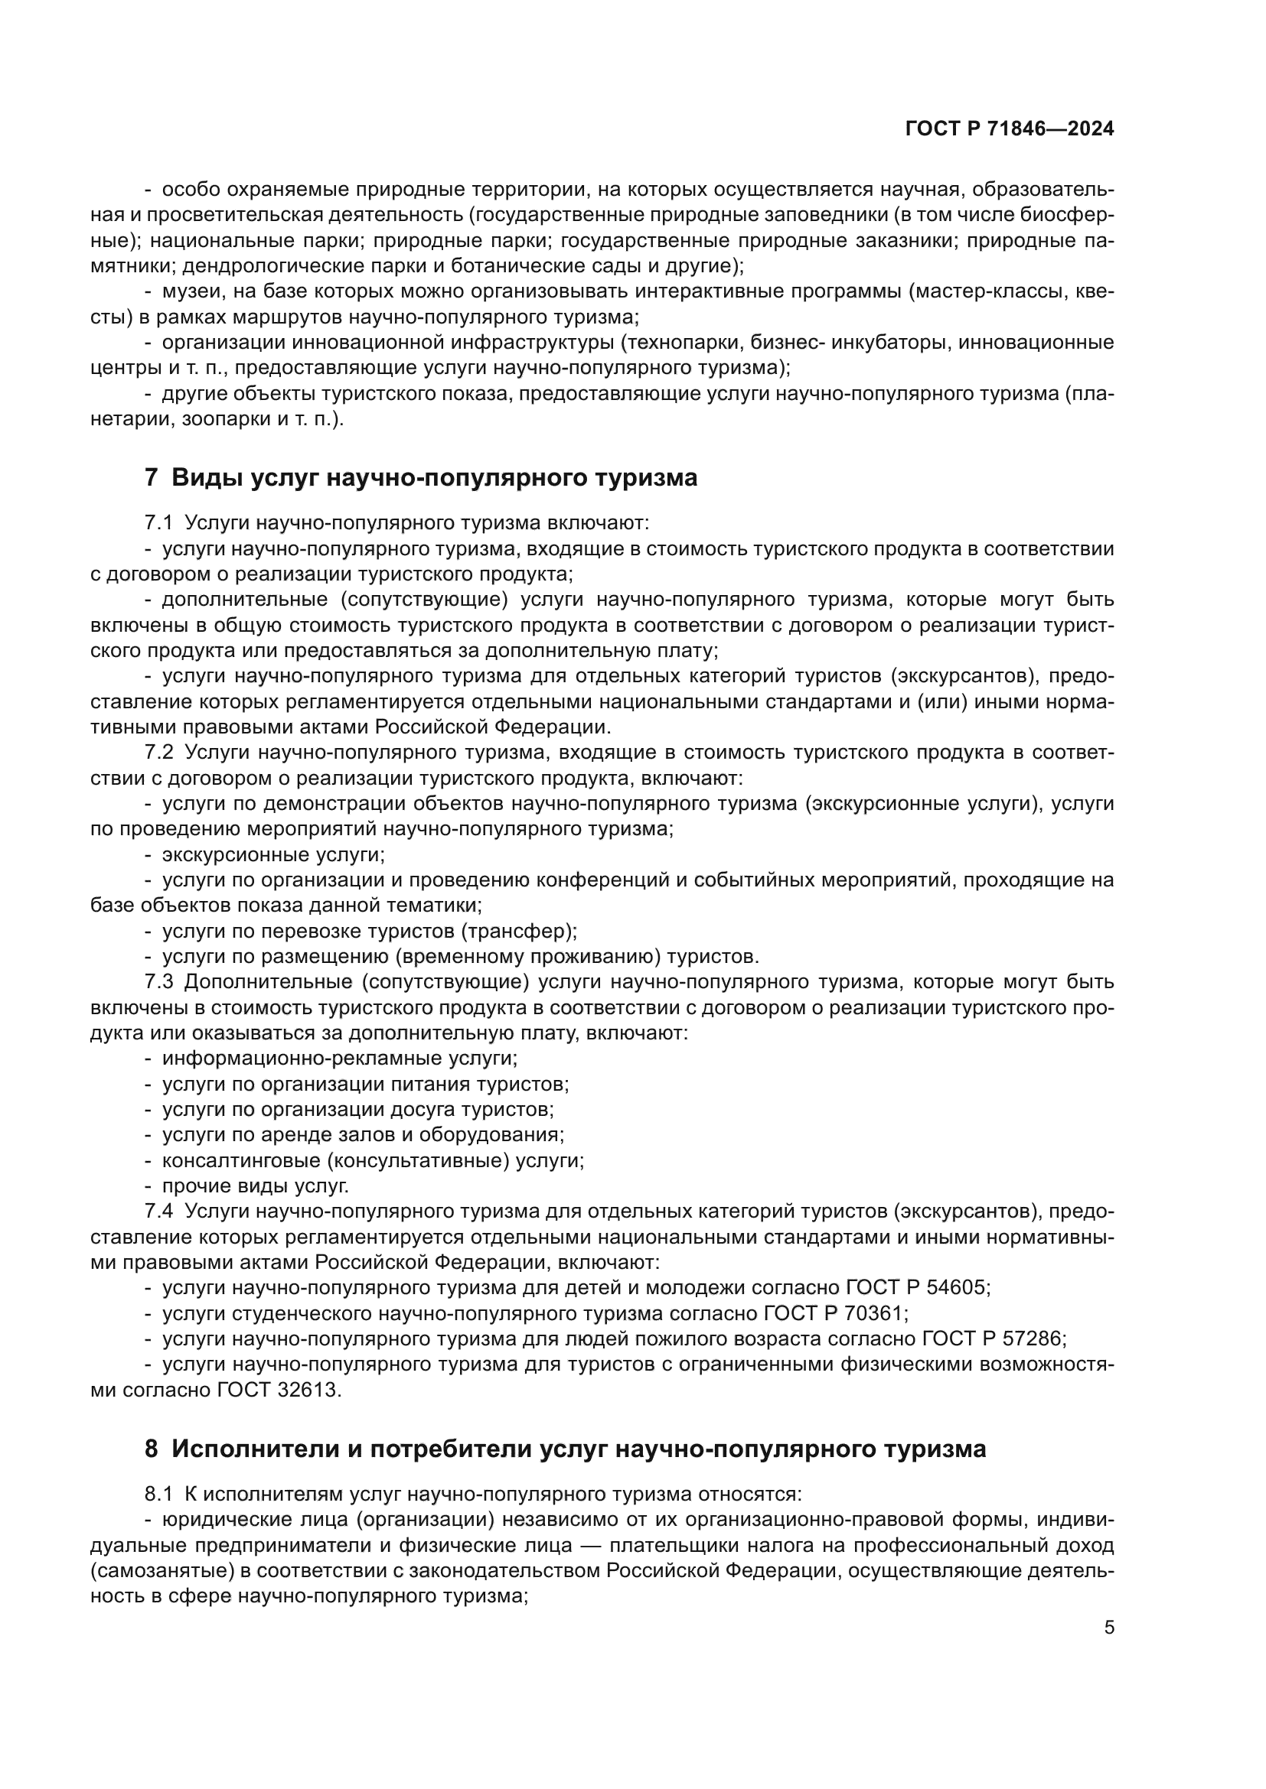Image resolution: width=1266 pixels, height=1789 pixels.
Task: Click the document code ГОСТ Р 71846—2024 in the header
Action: coord(1009,129)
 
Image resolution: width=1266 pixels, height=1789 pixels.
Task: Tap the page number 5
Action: coord(1109,1628)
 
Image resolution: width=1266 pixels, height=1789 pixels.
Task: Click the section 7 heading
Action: coord(421,477)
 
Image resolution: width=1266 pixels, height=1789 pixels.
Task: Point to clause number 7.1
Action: coord(158,523)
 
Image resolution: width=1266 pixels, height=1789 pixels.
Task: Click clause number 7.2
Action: coord(158,753)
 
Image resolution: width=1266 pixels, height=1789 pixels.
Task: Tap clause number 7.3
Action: coord(158,982)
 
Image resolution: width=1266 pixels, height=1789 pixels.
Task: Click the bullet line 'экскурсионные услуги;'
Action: coord(272,855)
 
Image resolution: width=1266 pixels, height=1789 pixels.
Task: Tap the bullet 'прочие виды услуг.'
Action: coord(255,1186)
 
